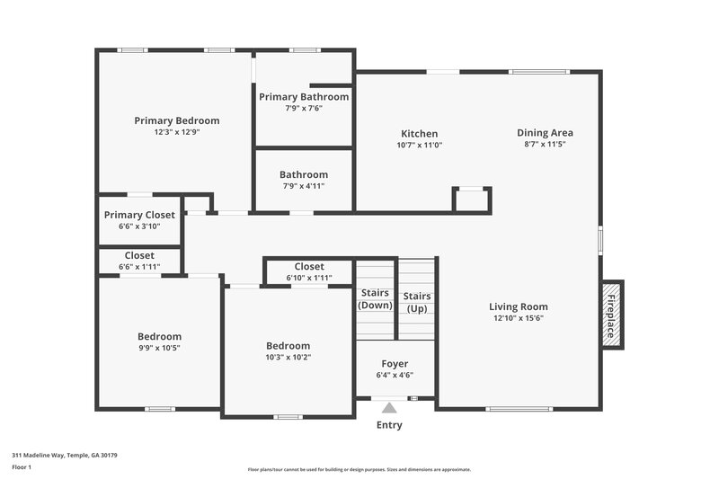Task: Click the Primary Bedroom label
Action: [x=176, y=120]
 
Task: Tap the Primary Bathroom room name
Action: [x=304, y=96]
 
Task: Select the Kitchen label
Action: [x=419, y=134]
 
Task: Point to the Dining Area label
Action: [x=546, y=133]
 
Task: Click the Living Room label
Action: [x=519, y=306]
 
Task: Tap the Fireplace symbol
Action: [x=611, y=315]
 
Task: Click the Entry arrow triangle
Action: [x=389, y=408]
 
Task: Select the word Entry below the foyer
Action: [x=389, y=425]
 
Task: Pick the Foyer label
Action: [x=395, y=364]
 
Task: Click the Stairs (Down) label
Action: [x=376, y=299]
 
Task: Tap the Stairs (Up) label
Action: [x=416, y=302]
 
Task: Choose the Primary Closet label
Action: [x=139, y=215]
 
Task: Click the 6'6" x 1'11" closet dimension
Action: [x=139, y=267]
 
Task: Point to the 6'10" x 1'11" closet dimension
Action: [x=309, y=278]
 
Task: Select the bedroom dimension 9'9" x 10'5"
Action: [x=159, y=348]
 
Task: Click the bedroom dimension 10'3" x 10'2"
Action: [x=288, y=357]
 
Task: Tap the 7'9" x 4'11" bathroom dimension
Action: [x=304, y=186]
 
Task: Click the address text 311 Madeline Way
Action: [x=64, y=456]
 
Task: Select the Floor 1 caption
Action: [x=22, y=467]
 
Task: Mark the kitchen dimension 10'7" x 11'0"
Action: [x=419, y=145]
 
